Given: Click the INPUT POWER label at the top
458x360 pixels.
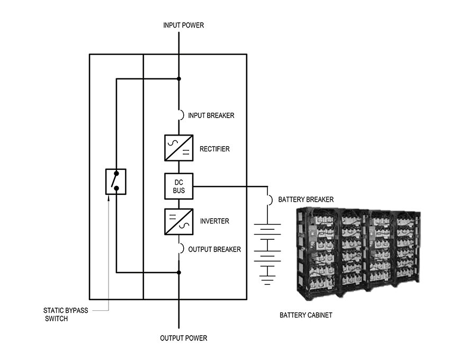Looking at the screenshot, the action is (x=183, y=25).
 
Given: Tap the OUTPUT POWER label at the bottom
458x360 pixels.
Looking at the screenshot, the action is (x=183, y=338).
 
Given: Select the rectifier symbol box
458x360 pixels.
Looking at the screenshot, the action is (x=179, y=148).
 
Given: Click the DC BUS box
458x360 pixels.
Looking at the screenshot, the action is (x=179, y=186).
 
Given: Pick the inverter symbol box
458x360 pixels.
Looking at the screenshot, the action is (x=179, y=222).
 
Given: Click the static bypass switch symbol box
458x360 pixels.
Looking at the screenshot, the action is (x=115, y=182).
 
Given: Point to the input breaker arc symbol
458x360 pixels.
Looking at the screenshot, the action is (x=182, y=115).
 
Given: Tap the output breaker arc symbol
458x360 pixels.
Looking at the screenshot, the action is (x=182, y=248).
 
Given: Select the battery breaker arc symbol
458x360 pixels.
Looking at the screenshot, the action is (x=271, y=200).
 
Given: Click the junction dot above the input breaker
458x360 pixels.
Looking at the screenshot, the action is (x=179, y=79).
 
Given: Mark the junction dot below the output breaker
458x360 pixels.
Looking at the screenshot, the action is (x=179, y=273).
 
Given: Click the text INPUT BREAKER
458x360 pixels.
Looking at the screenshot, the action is (x=211, y=115).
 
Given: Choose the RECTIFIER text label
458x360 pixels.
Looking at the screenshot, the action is (x=214, y=149).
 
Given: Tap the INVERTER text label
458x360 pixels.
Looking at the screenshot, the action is (x=214, y=221).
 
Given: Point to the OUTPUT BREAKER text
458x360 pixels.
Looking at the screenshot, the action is (x=214, y=249).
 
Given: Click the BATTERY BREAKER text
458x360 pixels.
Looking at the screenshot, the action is (x=306, y=200).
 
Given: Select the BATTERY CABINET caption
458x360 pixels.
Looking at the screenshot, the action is (x=306, y=315).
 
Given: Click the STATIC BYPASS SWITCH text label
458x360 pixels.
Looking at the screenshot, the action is (x=66, y=314).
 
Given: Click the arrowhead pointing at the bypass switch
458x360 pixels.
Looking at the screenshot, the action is (x=109, y=199).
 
